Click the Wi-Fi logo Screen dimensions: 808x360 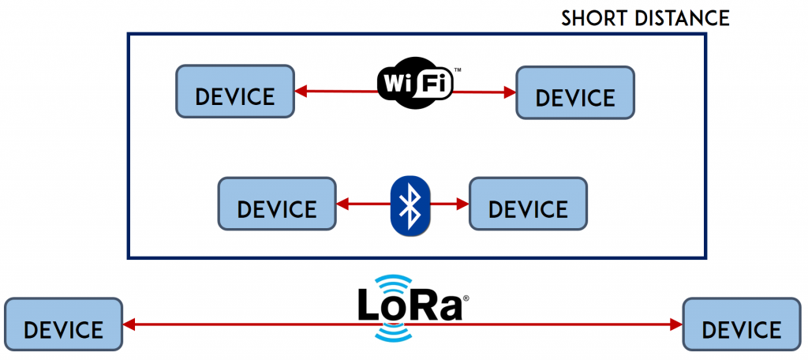(x=415, y=83)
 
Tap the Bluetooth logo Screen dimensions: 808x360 (x=410, y=206)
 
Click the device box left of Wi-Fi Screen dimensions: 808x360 (x=235, y=92)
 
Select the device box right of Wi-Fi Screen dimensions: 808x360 (x=575, y=93)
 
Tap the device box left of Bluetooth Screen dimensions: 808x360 (x=277, y=204)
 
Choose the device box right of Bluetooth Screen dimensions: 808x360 (x=528, y=204)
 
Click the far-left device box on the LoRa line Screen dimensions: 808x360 (x=63, y=324)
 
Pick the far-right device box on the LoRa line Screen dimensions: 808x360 (x=742, y=324)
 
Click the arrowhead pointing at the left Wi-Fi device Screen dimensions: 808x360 (x=301, y=92)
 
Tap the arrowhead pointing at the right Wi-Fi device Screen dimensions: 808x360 (x=510, y=92)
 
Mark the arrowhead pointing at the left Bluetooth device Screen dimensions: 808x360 (x=342, y=204)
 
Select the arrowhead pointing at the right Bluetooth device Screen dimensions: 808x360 (x=462, y=204)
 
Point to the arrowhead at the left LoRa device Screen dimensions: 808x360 (x=129, y=324)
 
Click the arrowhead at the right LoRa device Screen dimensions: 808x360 (x=676, y=324)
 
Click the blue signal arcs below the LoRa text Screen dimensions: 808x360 (x=393, y=334)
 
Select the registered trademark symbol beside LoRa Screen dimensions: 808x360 (x=466, y=298)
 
